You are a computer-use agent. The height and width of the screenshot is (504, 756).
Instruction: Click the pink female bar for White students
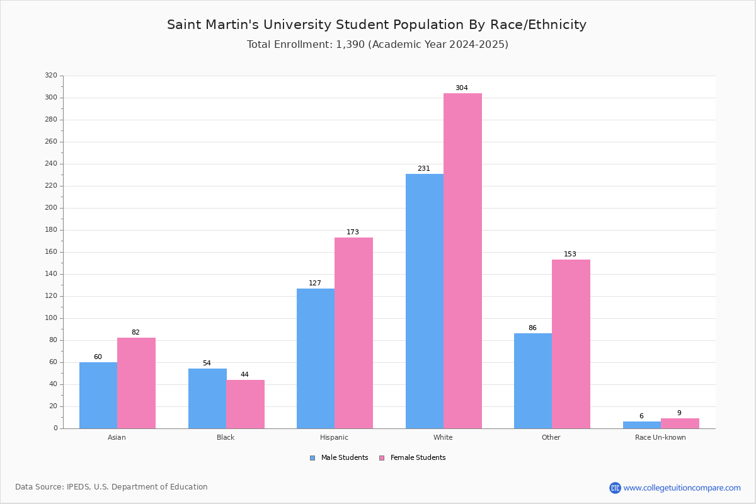462,261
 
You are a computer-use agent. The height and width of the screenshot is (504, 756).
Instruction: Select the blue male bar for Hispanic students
316,358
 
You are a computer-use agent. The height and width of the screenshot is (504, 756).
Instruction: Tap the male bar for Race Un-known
642,425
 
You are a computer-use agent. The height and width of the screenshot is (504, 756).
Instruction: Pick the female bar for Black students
245,404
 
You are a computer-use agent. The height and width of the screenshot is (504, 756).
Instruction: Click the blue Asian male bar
98,396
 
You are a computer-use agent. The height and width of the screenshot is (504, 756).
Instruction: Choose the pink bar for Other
571,344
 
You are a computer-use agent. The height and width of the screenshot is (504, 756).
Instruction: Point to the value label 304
462,88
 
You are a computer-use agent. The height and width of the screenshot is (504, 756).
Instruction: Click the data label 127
315,283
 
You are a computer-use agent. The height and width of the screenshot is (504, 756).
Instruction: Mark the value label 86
532,328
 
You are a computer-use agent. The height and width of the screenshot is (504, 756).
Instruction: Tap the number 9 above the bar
679,413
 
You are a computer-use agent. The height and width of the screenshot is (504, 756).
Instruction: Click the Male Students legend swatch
312,458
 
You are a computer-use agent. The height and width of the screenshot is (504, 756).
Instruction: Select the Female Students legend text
418,457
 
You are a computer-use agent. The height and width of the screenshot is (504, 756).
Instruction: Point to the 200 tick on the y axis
51,208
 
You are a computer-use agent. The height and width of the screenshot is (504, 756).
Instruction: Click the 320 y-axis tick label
51,75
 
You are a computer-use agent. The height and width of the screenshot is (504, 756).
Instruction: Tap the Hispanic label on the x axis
334,437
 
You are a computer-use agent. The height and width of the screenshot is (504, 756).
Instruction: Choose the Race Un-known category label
660,437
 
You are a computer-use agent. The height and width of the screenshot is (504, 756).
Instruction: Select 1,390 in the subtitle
350,45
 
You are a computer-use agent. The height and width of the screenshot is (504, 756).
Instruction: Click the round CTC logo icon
615,488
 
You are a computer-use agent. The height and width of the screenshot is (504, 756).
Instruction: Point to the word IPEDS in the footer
79,487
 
